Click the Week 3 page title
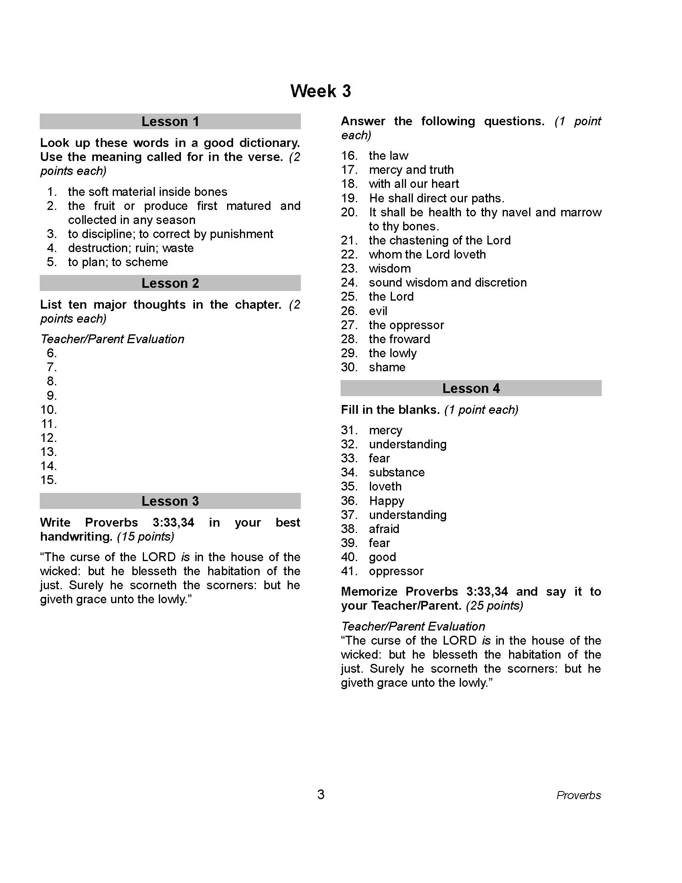pos(321,91)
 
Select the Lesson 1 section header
pos(170,121)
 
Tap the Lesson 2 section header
pos(170,283)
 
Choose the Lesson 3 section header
pos(170,501)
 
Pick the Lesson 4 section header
pos(471,388)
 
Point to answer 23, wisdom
pos(390,269)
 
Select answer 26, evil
pos(378,311)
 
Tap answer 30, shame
pos(387,367)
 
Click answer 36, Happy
pos(386,501)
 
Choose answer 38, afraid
pos(384,529)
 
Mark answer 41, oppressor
pos(396,571)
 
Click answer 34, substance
pos(396,472)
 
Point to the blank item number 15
pos(49,480)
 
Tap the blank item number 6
pos(52,353)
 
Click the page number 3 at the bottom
pos(321,794)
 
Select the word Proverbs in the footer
pos(578,795)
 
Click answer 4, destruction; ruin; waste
pos(130,248)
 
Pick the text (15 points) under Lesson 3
pos(146,537)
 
